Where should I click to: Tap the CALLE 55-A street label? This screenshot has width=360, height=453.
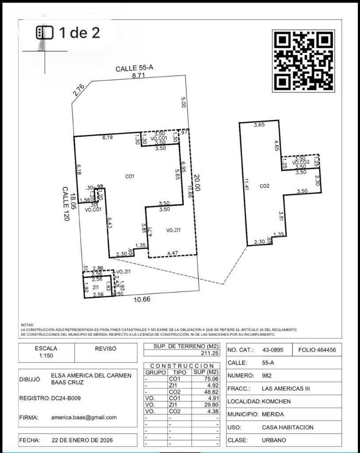134,69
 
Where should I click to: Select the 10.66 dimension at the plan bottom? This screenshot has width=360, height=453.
142,299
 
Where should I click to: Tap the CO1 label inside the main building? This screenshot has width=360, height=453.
130,177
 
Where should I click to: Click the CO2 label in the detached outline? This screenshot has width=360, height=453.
265,186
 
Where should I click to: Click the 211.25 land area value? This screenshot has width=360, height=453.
210,353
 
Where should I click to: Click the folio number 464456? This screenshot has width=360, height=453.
317,350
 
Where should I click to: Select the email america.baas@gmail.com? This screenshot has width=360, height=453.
84,417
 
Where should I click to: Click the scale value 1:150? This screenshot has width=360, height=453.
46,356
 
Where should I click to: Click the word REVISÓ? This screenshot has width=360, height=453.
106,349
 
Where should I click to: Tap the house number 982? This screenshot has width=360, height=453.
267,376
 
